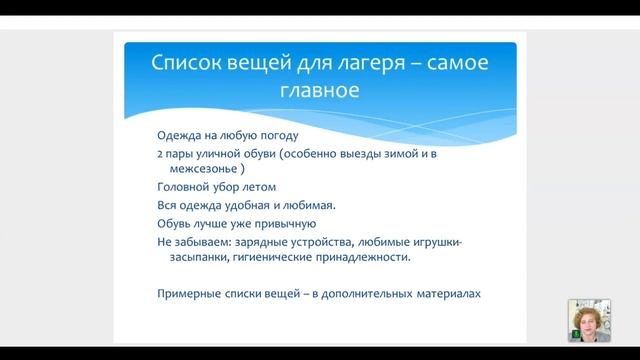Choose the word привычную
[288, 224]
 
